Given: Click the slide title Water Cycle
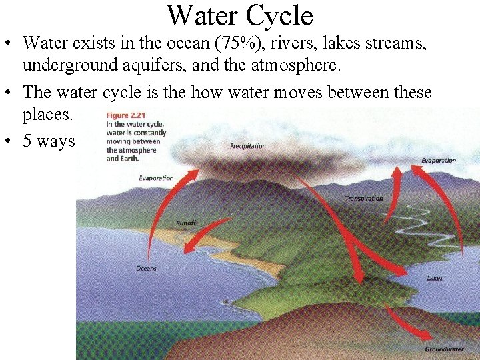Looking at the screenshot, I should click(x=239, y=15).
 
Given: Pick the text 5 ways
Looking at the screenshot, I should click(x=49, y=141).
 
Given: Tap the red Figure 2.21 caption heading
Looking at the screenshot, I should click(x=125, y=115).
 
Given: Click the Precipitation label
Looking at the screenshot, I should click(x=247, y=146).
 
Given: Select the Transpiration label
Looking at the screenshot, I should click(x=364, y=199).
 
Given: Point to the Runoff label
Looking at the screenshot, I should click(x=185, y=223).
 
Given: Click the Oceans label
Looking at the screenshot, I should click(x=146, y=268).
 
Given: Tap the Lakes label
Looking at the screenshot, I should click(x=434, y=278).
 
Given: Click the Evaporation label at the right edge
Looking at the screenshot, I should click(x=438, y=161).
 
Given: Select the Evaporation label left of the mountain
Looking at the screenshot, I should click(x=156, y=178).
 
